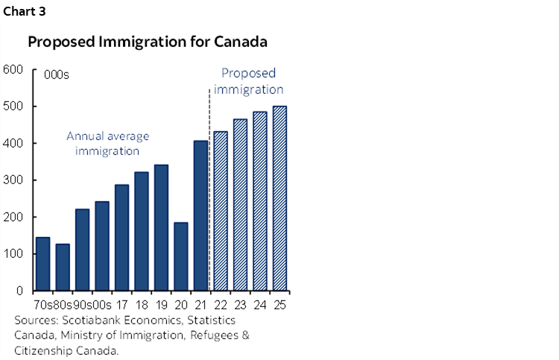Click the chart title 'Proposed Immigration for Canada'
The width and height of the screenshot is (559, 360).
coord(148,42)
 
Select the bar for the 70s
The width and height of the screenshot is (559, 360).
coord(43,264)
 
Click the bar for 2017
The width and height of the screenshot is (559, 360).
coord(121,238)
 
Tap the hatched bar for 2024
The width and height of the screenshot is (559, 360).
coord(260,201)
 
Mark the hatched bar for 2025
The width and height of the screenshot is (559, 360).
coord(279,198)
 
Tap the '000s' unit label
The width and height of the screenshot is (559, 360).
coord(57,75)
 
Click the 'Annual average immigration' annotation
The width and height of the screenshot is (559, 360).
coord(108,143)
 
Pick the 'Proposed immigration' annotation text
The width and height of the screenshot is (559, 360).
coord(249,81)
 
